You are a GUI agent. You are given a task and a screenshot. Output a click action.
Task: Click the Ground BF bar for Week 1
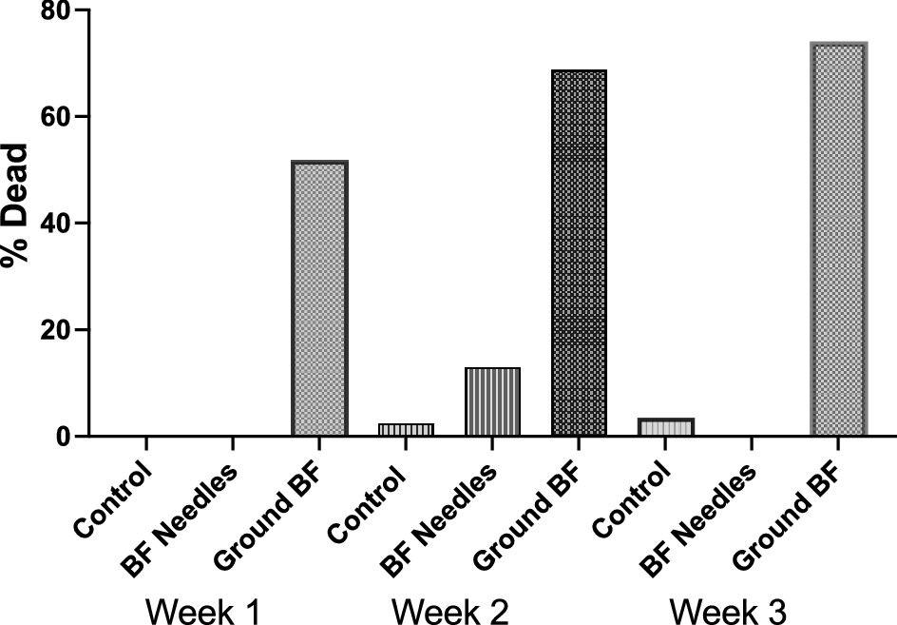(319, 299)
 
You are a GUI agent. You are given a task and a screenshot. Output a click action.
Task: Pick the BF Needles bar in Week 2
(492, 401)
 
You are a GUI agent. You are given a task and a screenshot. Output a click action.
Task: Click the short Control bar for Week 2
(406, 430)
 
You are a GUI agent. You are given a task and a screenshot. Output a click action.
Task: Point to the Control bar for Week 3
(665, 427)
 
